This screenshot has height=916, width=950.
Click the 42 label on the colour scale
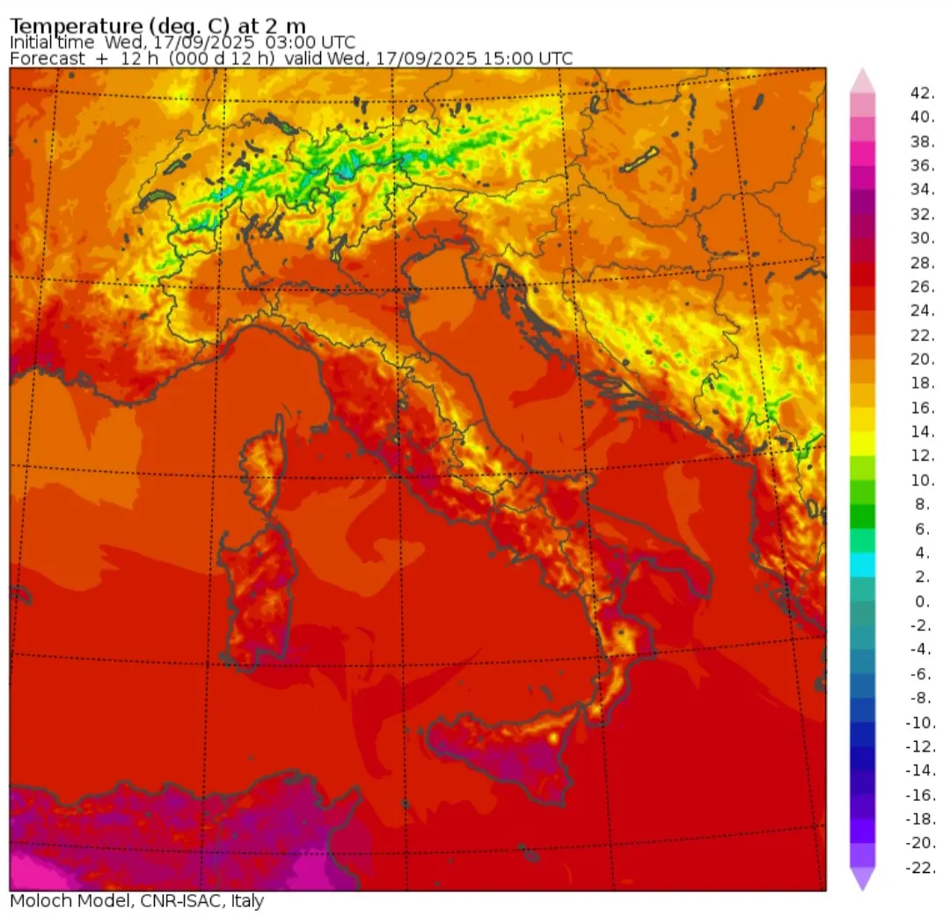click(x=921, y=92)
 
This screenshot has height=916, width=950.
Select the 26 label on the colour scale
click(x=921, y=287)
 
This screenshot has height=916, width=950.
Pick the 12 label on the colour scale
click(x=921, y=456)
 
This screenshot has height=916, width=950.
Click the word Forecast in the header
click(x=47, y=58)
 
